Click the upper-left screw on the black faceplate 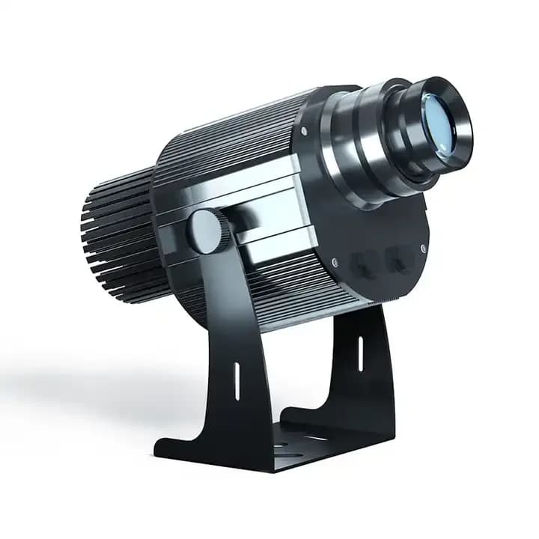click(x=304, y=132)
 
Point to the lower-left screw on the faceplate click(x=334, y=262)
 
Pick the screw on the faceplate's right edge click(x=424, y=248)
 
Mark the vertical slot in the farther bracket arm click(x=360, y=353)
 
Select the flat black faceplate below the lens click(x=382, y=225)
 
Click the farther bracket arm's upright click(x=367, y=367)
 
